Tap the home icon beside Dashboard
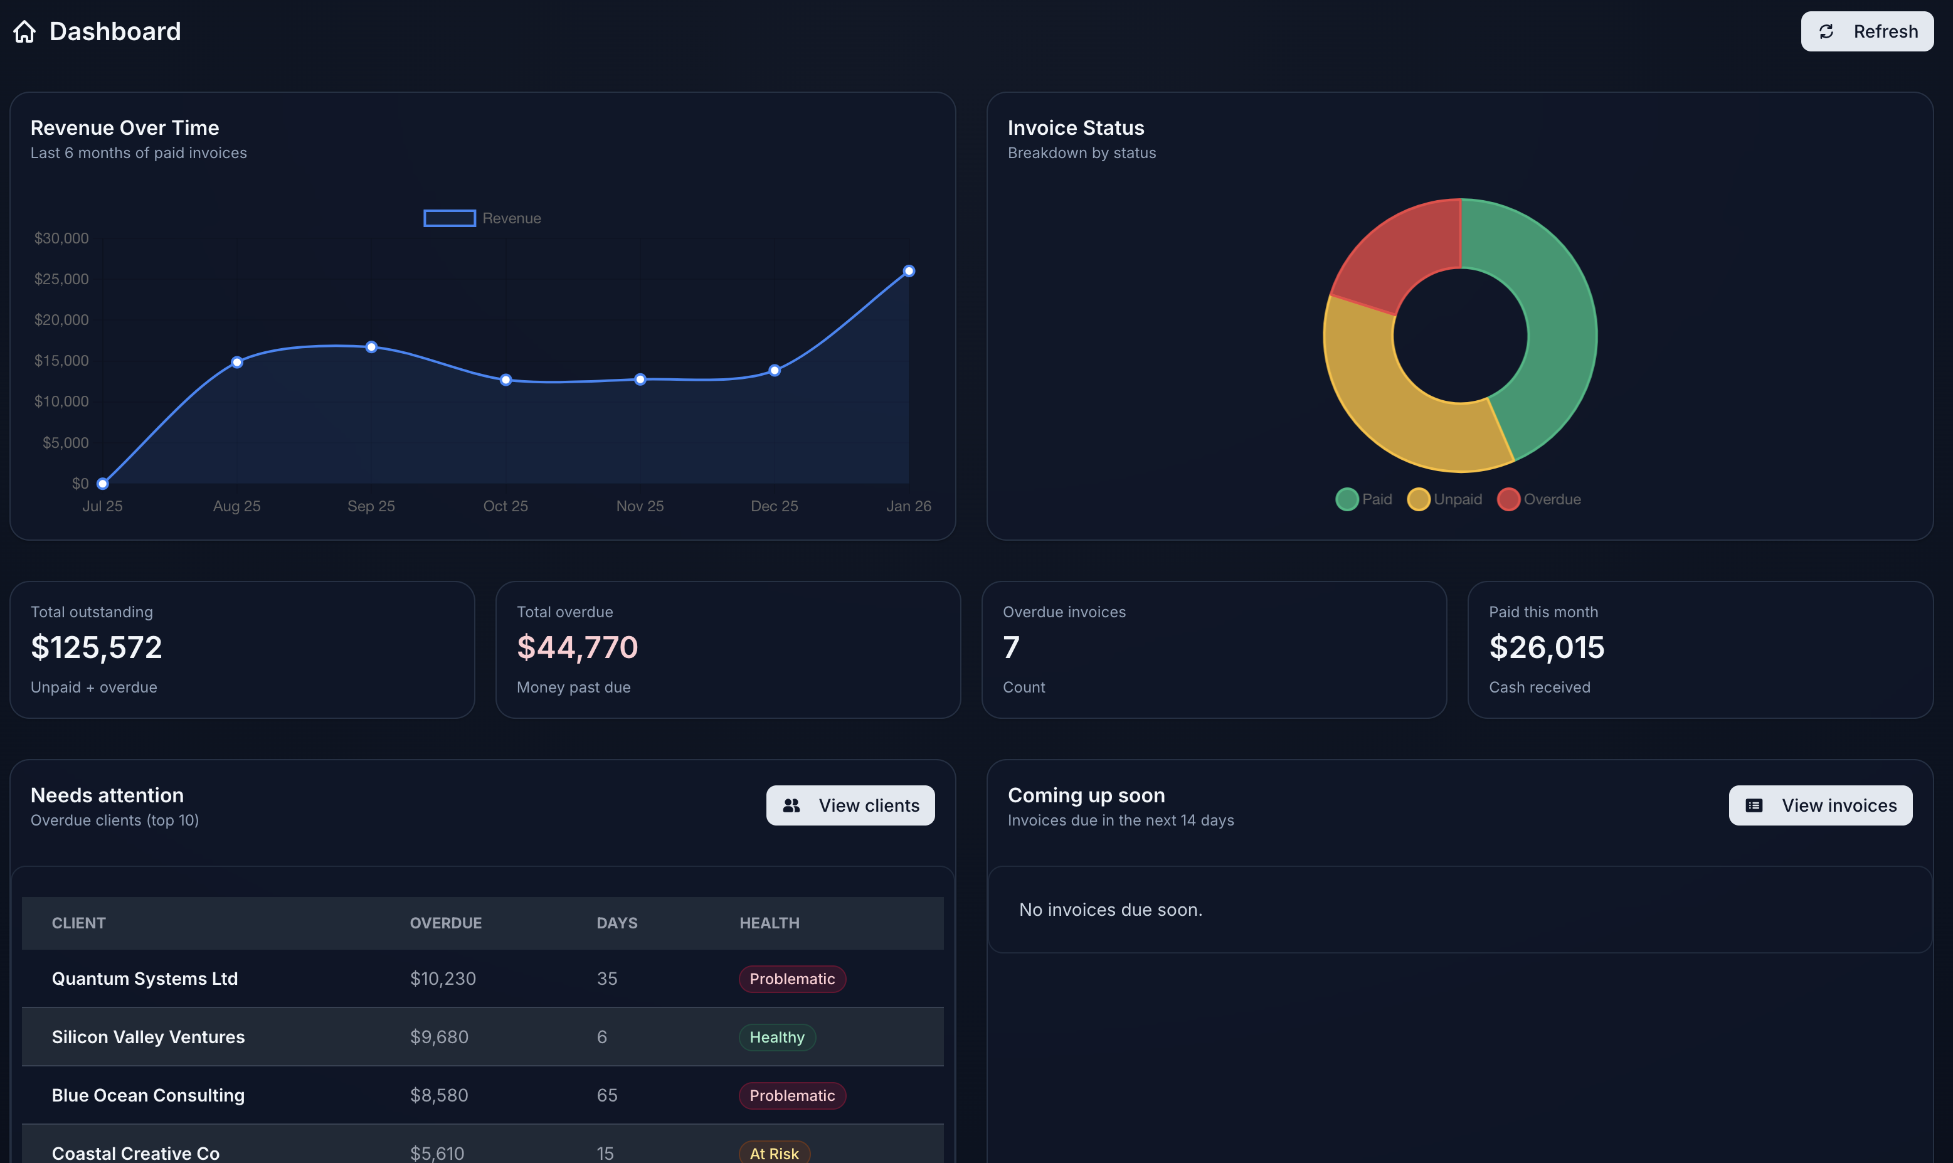tap(24, 31)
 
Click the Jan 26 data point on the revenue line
tap(909, 271)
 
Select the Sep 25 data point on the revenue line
tap(371, 347)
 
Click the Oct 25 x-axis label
tap(505, 506)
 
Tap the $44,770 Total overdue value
tap(578, 647)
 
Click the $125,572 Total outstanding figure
tap(97, 647)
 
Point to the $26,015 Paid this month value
tap(1547, 647)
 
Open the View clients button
tap(850, 805)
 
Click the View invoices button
tap(1820, 805)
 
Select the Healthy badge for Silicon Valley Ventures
tap(776, 1038)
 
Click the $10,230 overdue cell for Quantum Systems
tap(443, 979)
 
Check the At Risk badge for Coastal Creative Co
tap(774, 1153)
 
